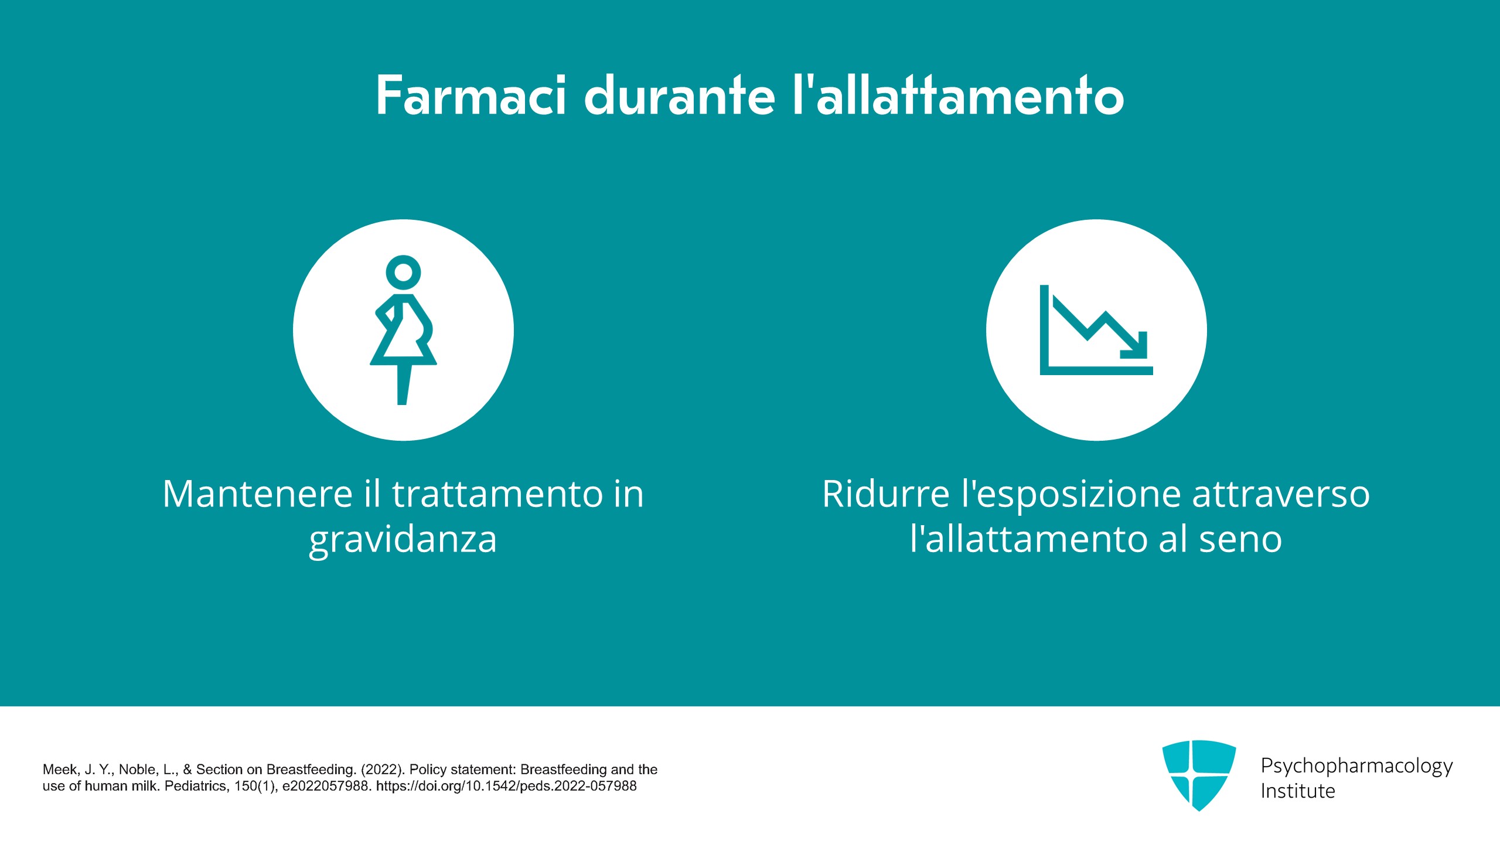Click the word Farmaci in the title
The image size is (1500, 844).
pyautogui.click(x=471, y=95)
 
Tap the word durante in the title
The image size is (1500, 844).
pyautogui.click(x=680, y=95)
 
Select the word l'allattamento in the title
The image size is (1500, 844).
pyautogui.click(x=959, y=95)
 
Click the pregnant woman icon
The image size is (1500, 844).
pyautogui.click(x=403, y=330)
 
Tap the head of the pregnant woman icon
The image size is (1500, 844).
pyautogui.click(x=403, y=273)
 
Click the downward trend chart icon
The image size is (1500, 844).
pyautogui.click(x=1096, y=330)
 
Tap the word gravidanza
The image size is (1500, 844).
pyautogui.click(x=403, y=540)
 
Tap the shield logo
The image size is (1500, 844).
pyautogui.click(x=1199, y=775)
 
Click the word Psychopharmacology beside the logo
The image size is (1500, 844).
pyautogui.click(x=1356, y=766)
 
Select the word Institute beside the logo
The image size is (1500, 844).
pyautogui.click(x=1298, y=791)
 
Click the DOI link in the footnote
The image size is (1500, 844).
pyautogui.click(x=506, y=786)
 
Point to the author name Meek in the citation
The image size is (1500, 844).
pyautogui.click(x=60, y=770)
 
